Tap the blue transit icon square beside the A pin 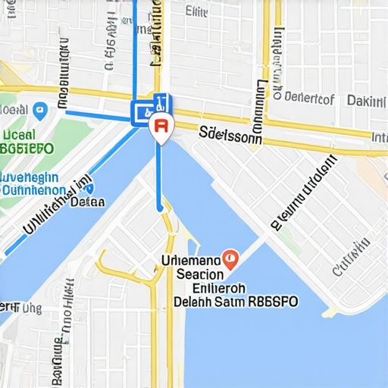pos(142,114)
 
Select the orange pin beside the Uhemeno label pos(232,259)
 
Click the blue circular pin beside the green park pos(41,111)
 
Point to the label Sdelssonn pos(230,135)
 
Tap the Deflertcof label pos(305,98)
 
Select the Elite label pos(197,11)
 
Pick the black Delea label pos(87,202)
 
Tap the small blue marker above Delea pos(89,189)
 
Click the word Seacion pos(200,274)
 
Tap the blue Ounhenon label pos(33,189)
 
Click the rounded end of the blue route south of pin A pos(159,208)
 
